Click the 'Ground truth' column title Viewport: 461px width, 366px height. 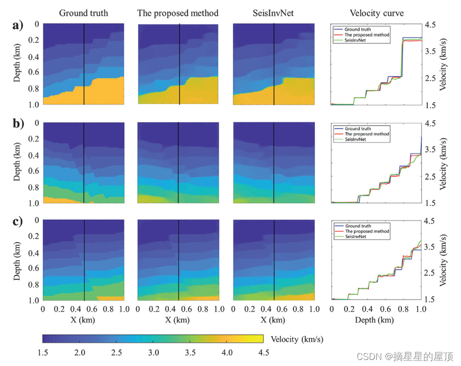click(x=83, y=13)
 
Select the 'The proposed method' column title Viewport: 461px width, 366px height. click(x=178, y=13)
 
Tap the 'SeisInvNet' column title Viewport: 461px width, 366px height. click(x=273, y=13)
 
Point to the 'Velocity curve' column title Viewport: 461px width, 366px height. click(x=376, y=13)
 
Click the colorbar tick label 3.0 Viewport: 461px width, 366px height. click(x=153, y=352)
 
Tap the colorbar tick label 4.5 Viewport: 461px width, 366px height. click(x=263, y=352)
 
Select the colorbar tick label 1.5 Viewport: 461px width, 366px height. click(x=43, y=352)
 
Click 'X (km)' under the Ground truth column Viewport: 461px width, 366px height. click(x=83, y=320)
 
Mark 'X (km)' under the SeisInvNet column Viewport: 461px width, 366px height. click(x=273, y=320)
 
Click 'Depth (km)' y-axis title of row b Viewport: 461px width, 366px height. click(x=17, y=163)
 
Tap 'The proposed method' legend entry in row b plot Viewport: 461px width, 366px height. click(x=367, y=134)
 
